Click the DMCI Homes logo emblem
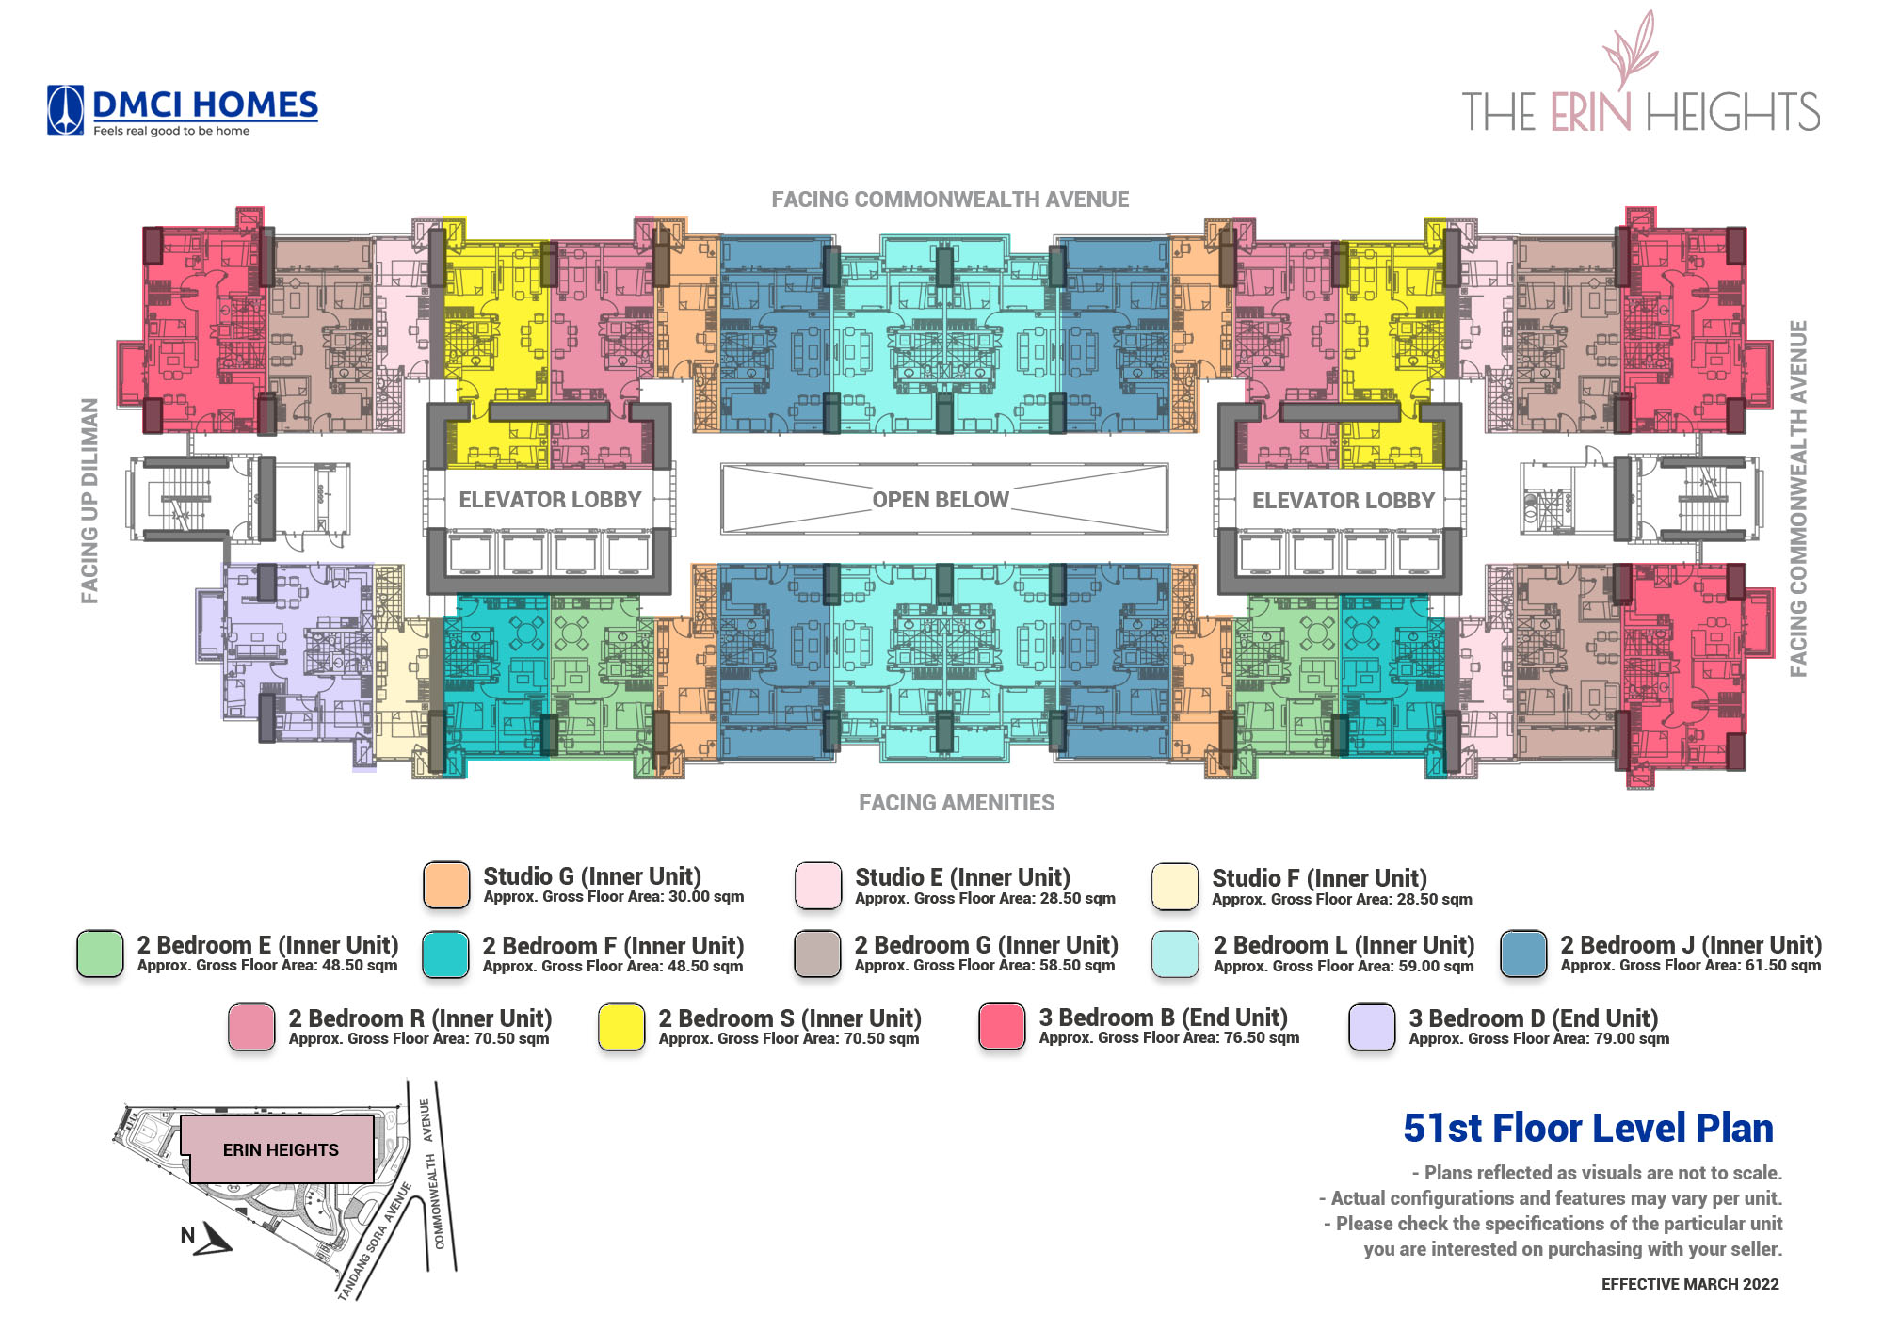click(x=66, y=111)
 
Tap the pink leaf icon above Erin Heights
click(x=1631, y=51)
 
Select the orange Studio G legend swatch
click(x=446, y=886)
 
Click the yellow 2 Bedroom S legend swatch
click(x=621, y=1027)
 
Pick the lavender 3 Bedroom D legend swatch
click(x=1372, y=1027)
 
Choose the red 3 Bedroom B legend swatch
click(x=1002, y=1026)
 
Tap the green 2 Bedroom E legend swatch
click(x=100, y=954)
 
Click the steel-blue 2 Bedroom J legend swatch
click(x=1523, y=954)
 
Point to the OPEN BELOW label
click(x=941, y=500)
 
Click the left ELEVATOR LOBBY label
click(x=550, y=500)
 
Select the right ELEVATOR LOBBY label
click(x=1344, y=501)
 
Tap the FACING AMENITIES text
click(x=957, y=803)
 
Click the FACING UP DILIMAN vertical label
click(x=89, y=501)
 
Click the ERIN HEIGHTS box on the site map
click(x=281, y=1149)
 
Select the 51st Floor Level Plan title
click(x=1588, y=1128)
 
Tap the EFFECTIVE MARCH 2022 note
click(x=1690, y=1284)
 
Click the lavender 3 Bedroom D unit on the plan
click(x=292, y=649)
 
